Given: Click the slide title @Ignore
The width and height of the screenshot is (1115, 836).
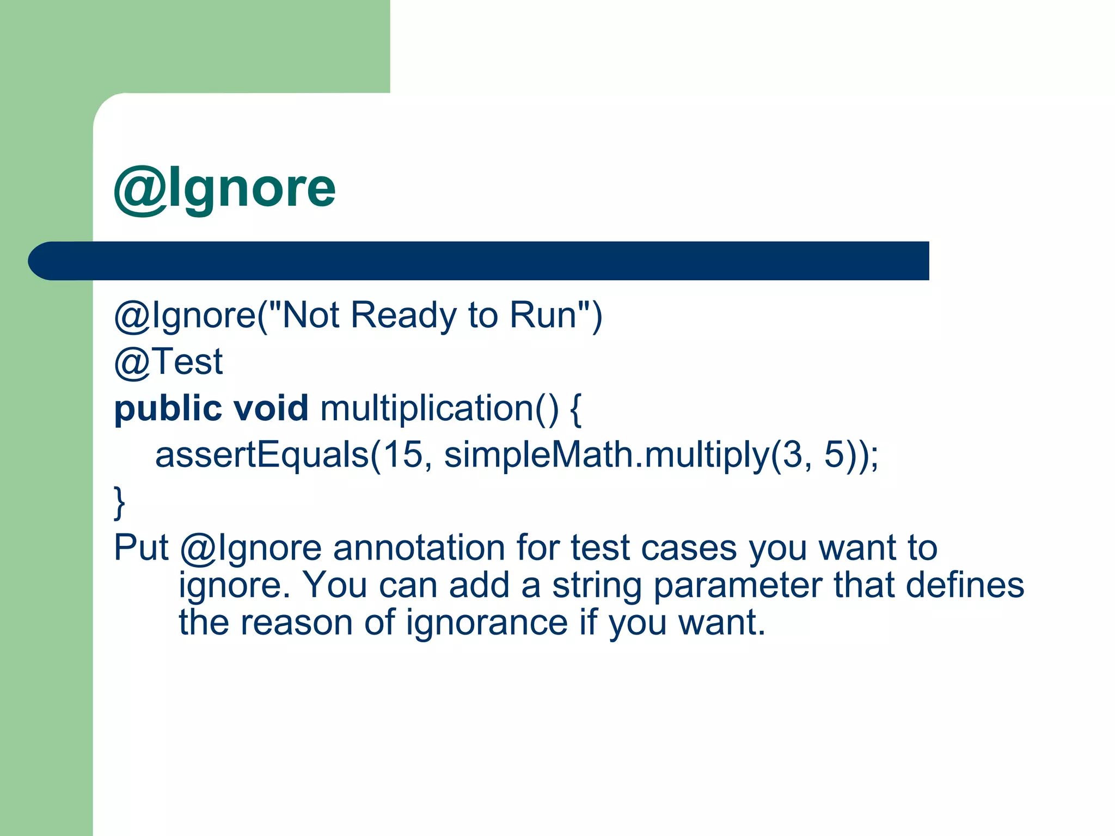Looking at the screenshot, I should point(224,189).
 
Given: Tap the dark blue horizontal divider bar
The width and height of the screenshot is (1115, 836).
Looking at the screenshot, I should point(479,261).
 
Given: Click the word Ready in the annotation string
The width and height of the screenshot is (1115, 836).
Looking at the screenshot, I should point(403,315).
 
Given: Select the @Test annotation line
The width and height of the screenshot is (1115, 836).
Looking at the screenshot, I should point(168,362).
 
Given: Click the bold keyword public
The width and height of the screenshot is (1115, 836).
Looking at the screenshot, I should point(168,409).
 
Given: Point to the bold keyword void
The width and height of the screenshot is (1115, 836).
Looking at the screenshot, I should point(271,408).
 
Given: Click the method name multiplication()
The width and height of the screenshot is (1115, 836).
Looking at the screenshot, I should point(439,408).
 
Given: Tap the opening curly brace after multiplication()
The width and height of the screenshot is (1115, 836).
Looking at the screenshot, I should point(576,409).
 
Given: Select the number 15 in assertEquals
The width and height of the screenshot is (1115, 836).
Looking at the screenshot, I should point(403,454).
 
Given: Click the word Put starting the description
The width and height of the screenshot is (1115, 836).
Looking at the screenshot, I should point(141,548).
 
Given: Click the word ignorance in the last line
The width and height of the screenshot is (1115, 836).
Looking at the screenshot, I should point(487,623).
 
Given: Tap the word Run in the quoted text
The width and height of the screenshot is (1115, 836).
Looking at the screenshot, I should point(543,315).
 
